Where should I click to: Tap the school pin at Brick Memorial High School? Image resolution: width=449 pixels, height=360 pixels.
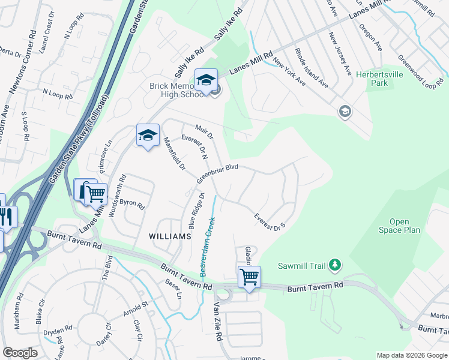[206, 80]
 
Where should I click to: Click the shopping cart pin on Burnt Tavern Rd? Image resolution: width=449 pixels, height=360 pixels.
[249, 277]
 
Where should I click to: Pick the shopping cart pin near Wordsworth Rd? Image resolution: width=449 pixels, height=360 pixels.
[95, 194]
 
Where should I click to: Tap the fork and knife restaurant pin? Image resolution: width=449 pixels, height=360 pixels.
[7, 217]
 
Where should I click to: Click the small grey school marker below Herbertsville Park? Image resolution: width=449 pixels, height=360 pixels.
[345, 112]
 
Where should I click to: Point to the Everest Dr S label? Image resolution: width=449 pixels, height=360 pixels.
[270, 222]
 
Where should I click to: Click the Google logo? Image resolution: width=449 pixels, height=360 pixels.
[20, 353]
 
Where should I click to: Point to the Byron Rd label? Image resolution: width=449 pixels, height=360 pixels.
[132, 205]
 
